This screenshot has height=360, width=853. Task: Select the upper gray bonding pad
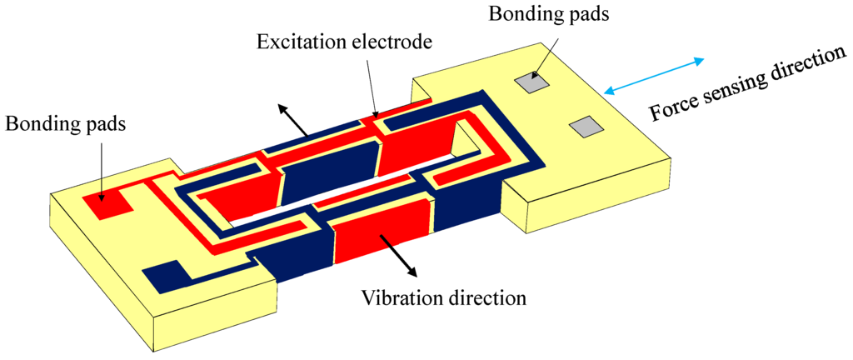pos(531,82)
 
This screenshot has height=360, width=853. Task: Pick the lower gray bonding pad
pos(586,126)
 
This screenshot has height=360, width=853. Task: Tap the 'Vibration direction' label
pos(443,297)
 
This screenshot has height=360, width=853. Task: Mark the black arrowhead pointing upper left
pos(282,110)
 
